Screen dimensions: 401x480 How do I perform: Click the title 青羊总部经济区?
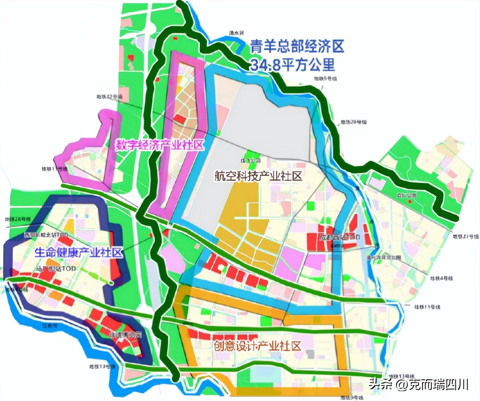297,46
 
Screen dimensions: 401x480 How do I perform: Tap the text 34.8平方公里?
292,64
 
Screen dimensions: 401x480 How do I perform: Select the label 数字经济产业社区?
159,145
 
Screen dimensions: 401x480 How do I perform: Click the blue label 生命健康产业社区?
79,252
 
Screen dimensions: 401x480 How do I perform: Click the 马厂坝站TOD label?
56,269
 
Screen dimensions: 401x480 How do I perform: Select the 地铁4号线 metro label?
441,278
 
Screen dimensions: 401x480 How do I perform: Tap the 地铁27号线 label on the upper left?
110,97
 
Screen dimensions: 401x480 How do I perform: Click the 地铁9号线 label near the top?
325,78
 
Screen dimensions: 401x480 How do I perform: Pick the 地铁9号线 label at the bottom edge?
351,397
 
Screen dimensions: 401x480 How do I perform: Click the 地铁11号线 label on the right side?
427,306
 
